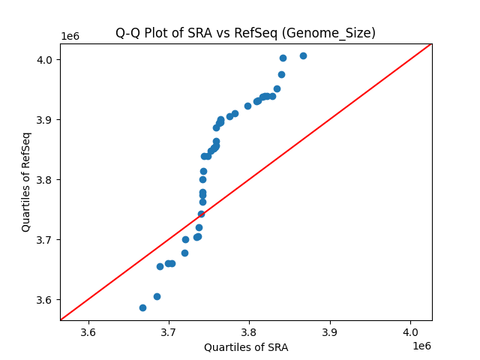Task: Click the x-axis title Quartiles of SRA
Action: click(246, 347)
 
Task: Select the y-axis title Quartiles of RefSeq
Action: click(26, 181)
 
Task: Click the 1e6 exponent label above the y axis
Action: click(71, 37)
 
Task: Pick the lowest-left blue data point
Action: click(142, 307)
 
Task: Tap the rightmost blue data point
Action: click(303, 55)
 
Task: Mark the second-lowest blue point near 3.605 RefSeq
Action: click(157, 296)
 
